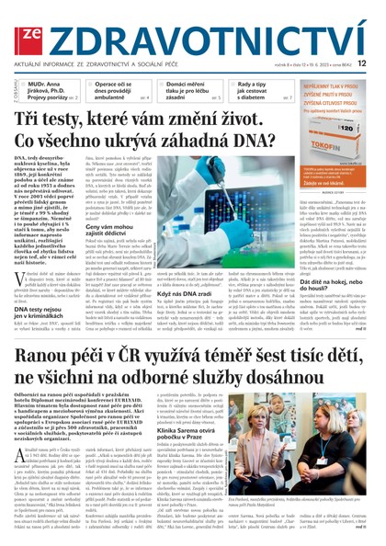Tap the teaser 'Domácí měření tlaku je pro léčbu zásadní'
tap(183, 88)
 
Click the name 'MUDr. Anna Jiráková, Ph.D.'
tap(46, 85)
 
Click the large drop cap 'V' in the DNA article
tap(23, 246)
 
